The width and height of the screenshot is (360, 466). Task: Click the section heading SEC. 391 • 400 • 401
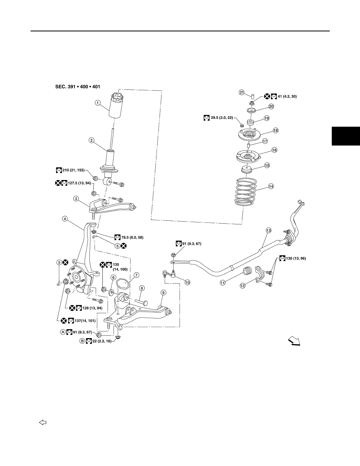[78, 87]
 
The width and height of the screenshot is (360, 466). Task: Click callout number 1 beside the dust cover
[97, 103]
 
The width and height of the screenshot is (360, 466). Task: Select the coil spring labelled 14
[246, 192]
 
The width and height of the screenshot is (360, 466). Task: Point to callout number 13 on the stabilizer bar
[269, 230]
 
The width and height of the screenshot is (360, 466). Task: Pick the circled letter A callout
[63, 332]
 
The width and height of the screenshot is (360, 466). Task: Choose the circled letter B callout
[82, 341]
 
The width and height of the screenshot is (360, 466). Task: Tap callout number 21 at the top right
[242, 93]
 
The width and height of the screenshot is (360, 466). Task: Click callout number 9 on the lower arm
[163, 293]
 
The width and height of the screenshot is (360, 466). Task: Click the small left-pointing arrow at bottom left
[43, 422]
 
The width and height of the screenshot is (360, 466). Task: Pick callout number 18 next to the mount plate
[276, 131]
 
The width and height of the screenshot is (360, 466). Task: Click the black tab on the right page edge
[346, 136]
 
